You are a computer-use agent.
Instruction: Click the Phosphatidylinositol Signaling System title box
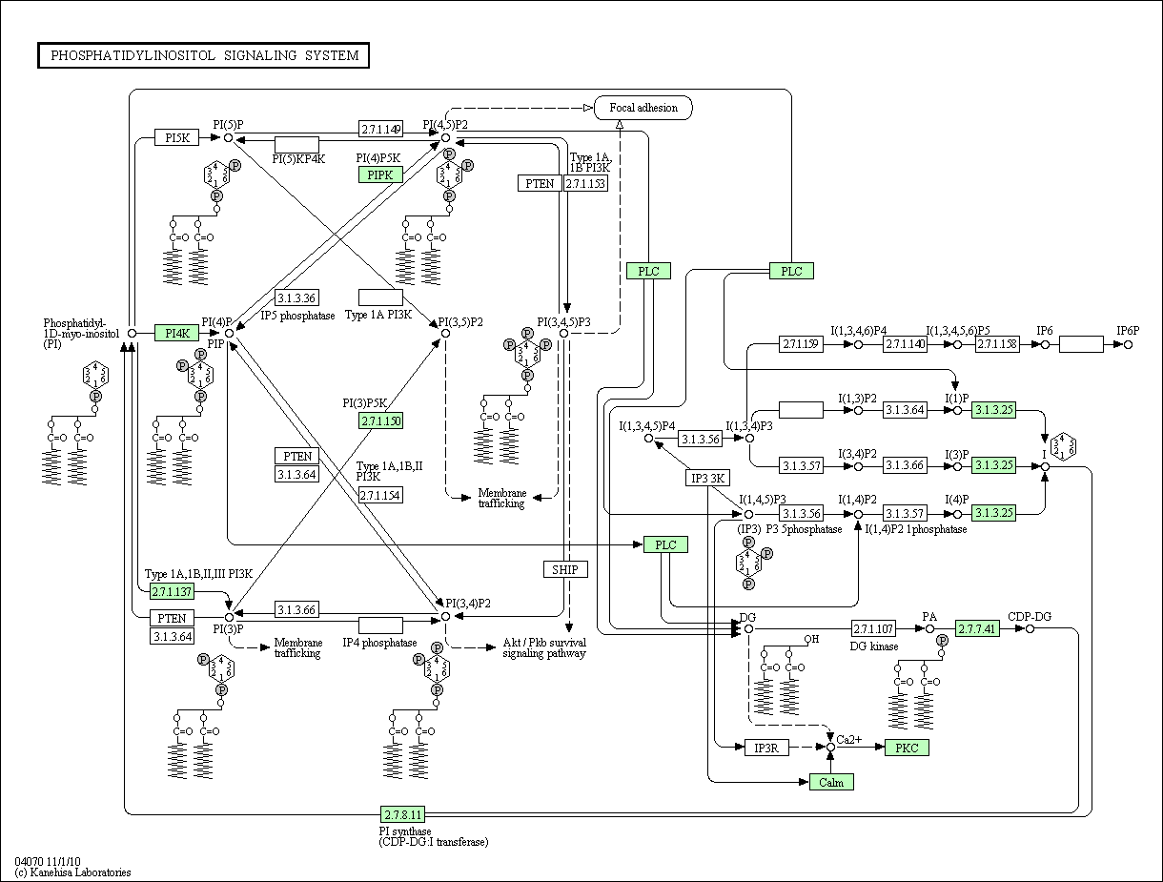coord(203,55)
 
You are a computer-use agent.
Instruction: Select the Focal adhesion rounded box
coord(643,108)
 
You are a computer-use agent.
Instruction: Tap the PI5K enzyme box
coord(177,137)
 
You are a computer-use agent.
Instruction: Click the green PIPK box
coord(380,174)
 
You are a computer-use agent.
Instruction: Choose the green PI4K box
coord(176,333)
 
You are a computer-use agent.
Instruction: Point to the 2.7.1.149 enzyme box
coord(380,129)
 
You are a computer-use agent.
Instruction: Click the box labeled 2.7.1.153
coord(585,183)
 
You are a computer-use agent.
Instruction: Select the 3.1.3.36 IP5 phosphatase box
coord(296,297)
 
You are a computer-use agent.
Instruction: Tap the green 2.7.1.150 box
coord(380,420)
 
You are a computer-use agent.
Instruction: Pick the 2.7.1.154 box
coord(380,495)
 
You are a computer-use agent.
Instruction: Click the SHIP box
coord(565,569)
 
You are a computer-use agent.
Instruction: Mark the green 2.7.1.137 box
coord(173,592)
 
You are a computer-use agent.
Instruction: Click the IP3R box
coord(766,748)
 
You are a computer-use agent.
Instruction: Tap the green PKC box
coord(907,748)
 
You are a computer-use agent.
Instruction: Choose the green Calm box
coord(831,782)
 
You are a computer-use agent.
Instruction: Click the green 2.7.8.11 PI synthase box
coord(402,814)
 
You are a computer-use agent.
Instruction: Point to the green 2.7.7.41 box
coord(977,628)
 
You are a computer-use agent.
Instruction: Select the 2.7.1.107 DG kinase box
coord(873,628)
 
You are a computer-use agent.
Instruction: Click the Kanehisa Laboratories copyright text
coord(73,872)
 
